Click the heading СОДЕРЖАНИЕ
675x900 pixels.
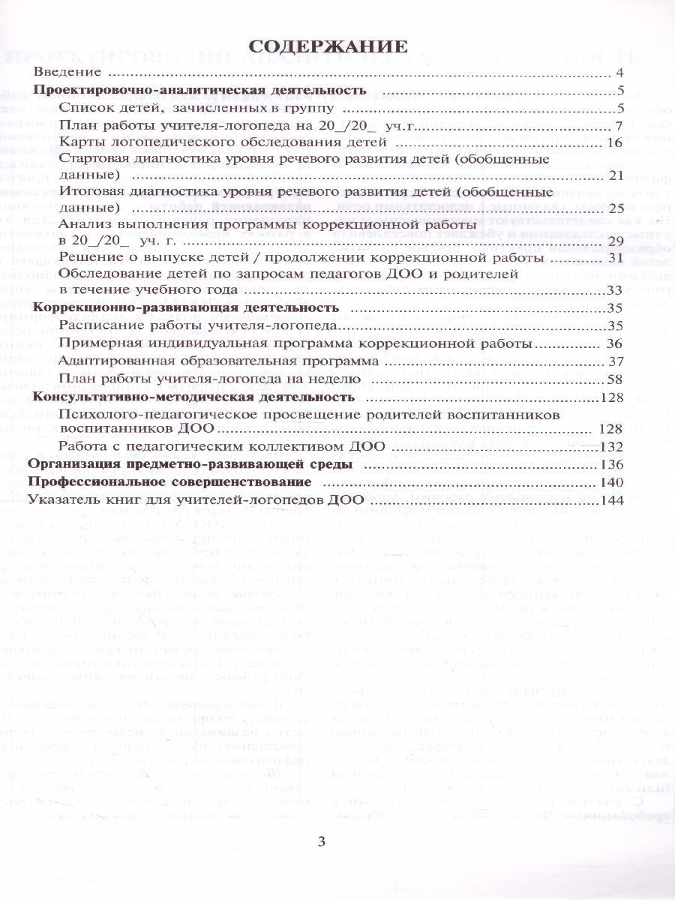click(x=328, y=46)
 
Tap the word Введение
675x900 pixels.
click(x=67, y=73)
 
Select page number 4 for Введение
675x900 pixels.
click(x=619, y=73)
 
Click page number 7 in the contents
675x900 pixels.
click(x=619, y=125)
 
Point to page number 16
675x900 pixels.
click(x=616, y=142)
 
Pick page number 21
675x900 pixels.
click(x=616, y=176)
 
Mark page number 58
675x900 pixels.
click(x=616, y=379)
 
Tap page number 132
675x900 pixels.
click(x=611, y=447)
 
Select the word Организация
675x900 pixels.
click(x=67, y=464)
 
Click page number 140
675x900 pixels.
click(x=612, y=481)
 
